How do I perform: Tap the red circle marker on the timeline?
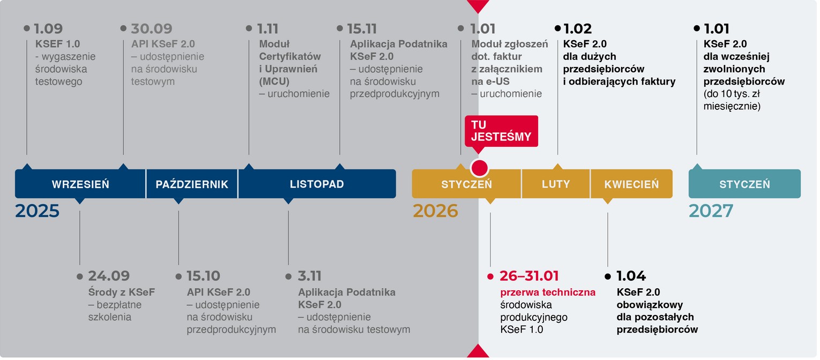tap(479, 168)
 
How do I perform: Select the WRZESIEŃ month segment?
tap(80, 184)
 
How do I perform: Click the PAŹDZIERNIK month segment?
tap(192, 184)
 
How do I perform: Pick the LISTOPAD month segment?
tap(317, 184)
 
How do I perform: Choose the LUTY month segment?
tap(556, 184)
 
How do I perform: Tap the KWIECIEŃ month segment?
tap(631, 184)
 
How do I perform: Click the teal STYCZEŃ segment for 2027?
tap(744, 184)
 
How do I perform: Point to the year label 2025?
tap(37, 211)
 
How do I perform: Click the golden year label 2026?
tap(435, 211)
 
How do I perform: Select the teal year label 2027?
tap(711, 211)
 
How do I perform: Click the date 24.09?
tap(109, 276)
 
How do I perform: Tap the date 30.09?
tap(152, 29)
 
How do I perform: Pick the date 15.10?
tap(203, 276)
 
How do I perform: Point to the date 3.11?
tap(310, 276)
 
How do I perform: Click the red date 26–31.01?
tap(529, 276)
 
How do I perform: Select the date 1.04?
tap(631, 276)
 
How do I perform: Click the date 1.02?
tap(578, 29)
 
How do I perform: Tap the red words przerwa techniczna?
tap(548, 292)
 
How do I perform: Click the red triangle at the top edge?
tap(478, 6)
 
